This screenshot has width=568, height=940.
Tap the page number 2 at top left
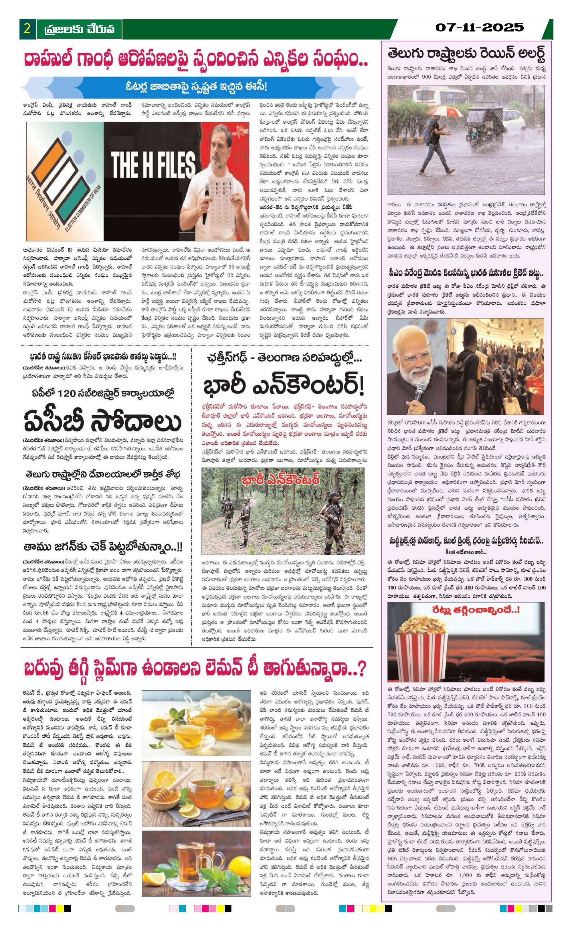[x=27, y=29]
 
